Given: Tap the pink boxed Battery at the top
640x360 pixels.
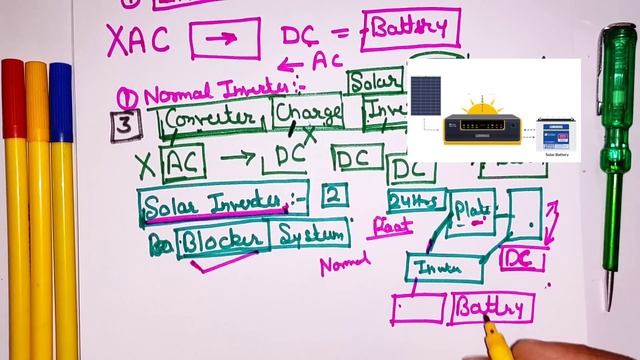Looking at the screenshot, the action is tap(412, 30).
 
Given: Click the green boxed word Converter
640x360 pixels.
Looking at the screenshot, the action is tap(212, 117).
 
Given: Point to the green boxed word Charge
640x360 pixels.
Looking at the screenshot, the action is tap(308, 114).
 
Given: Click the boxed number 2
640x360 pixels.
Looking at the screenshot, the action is tap(335, 194).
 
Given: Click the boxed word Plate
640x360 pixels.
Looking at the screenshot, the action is tap(471, 211).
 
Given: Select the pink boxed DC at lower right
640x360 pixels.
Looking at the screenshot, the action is tap(521, 259).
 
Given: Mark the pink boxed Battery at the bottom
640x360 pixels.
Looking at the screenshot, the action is tap(491, 308).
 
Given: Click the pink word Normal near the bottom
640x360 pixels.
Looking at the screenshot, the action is tap(345, 265).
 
